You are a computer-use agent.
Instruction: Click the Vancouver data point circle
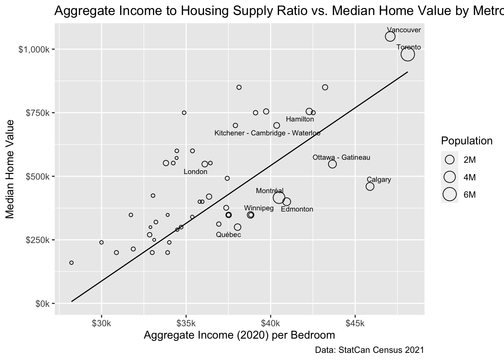pos(390,36)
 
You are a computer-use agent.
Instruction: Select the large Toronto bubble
pos(407,54)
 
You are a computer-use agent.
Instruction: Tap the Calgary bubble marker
pos(370,186)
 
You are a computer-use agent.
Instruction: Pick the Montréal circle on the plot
pos(279,198)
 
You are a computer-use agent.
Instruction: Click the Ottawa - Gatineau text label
pos(341,157)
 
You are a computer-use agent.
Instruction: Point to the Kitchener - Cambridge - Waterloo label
pos(267,133)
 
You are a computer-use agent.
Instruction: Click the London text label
pos(195,172)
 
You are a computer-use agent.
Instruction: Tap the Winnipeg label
pos(259,208)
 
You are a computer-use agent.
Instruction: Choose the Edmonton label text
pos(297,209)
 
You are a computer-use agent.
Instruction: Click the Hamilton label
pos(300,119)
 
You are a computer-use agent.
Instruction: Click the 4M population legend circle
pos(450,177)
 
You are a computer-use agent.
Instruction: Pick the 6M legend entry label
pos(469,195)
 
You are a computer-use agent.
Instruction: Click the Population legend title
pos(466,141)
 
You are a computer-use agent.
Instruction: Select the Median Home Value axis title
pos(10,169)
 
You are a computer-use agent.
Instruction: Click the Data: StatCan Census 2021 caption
pos(369,350)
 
